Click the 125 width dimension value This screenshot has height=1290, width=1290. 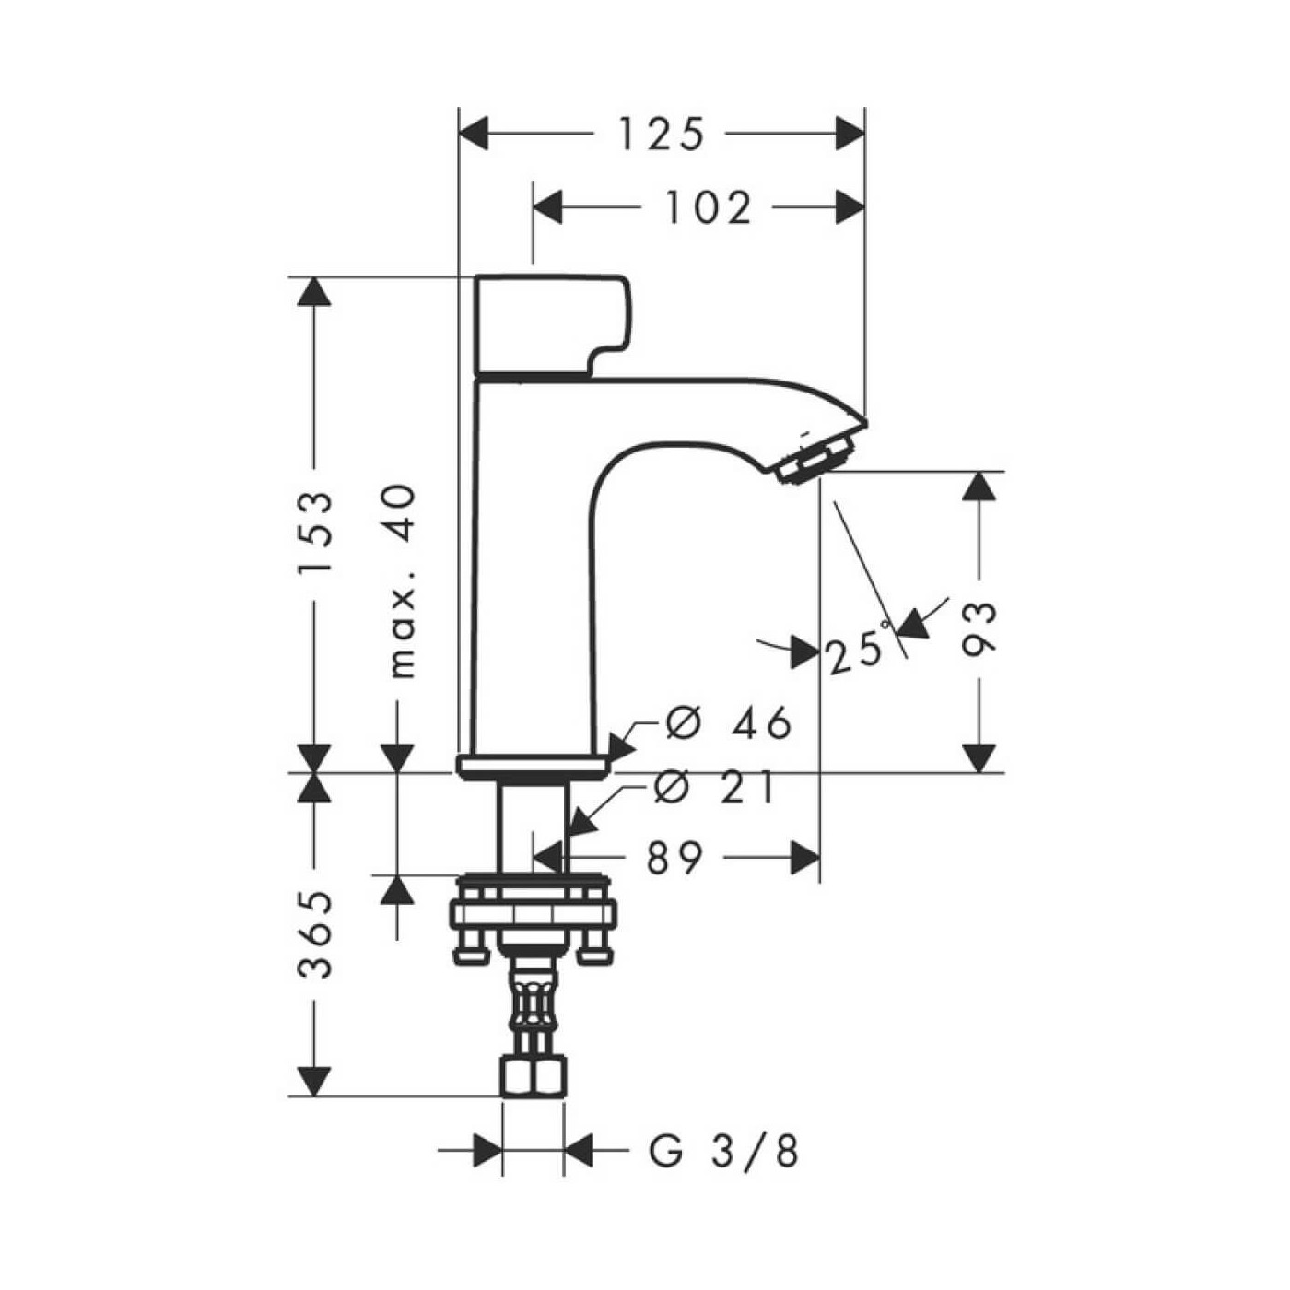pyautogui.click(x=660, y=135)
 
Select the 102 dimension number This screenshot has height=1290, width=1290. pyautogui.click(x=708, y=208)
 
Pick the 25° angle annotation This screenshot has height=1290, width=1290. pyautogui.click(x=856, y=653)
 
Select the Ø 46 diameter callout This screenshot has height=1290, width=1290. pyautogui.click(x=728, y=723)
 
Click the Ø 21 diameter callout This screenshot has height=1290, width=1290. pyautogui.click(x=713, y=788)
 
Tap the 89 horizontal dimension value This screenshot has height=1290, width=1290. pyautogui.click(x=674, y=859)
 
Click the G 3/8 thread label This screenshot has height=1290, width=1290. pyautogui.click(x=724, y=1151)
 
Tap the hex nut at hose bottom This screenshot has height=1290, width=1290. pyautogui.click(x=534, y=1077)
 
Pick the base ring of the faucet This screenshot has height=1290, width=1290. pyautogui.click(x=534, y=764)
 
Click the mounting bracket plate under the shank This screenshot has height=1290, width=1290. pyautogui.click(x=534, y=914)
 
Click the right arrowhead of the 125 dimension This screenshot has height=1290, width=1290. pyautogui.click(x=850, y=135)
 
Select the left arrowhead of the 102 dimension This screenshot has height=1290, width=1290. pyautogui.click(x=548, y=208)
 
